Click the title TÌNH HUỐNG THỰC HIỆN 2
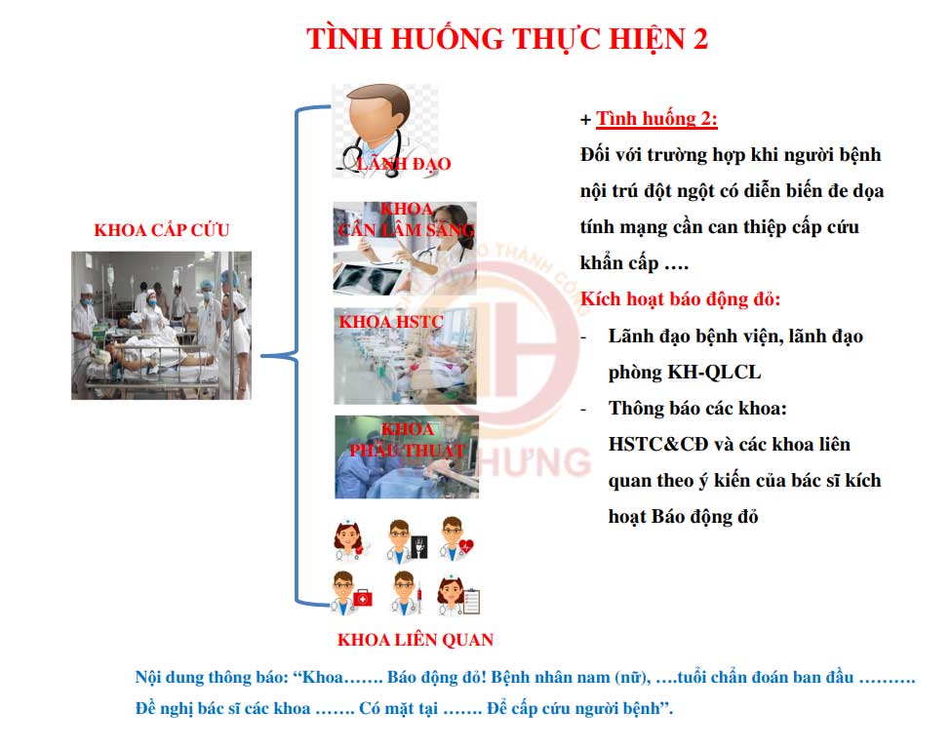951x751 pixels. [x=507, y=39]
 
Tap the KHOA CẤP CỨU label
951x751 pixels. [x=161, y=230]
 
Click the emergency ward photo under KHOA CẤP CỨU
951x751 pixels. [x=161, y=325]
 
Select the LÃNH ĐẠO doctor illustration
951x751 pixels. [x=385, y=131]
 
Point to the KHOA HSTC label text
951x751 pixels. [x=391, y=322]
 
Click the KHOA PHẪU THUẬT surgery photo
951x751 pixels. [x=407, y=456]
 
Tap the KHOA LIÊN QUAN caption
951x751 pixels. [x=416, y=640]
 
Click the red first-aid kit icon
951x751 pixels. [x=363, y=598]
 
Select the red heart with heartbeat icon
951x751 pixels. [x=466, y=546]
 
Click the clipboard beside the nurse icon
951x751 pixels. [x=471, y=601]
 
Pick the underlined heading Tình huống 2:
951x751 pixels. [x=656, y=118]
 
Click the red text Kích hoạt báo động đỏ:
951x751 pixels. [x=680, y=299]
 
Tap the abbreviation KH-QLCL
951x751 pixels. [x=714, y=372]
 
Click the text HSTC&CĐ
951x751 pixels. [x=658, y=444]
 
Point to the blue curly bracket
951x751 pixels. [x=297, y=356]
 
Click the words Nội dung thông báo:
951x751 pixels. [x=212, y=677]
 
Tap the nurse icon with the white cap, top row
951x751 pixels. [x=350, y=539]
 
